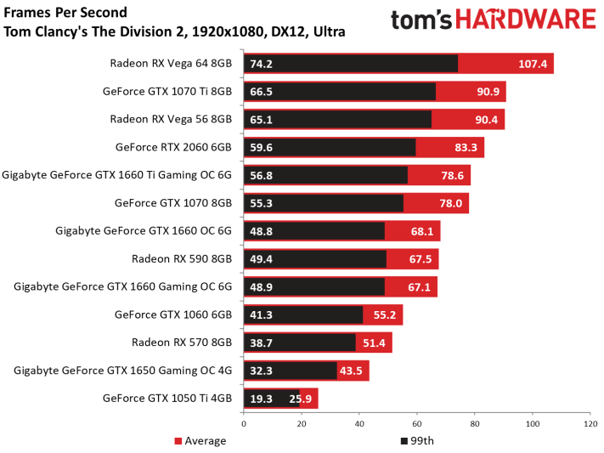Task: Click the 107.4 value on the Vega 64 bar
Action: click(x=533, y=64)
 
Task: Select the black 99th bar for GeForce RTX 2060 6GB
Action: click(x=330, y=147)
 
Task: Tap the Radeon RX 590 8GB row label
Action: click(x=182, y=258)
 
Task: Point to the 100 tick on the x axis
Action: click(x=533, y=424)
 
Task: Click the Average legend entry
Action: click(x=200, y=440)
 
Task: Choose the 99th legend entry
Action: click(x=418, y=440)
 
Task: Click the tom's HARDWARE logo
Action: click(x=494, y=20)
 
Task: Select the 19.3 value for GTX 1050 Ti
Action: click(x=261, y=399)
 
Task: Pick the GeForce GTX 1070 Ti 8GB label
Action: click(x=167, y=92)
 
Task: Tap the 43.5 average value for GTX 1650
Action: click(x=351, y=371)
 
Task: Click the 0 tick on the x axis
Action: click(x=244, y=424)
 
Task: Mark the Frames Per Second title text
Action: click(x=65, y=13)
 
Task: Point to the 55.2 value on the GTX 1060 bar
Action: click(x=385, y=315)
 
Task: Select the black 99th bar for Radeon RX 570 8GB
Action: click(x=300, y=343)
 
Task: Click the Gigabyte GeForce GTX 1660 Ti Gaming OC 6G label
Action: click(x=116, y=175)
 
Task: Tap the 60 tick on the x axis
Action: click(x=417, y=424)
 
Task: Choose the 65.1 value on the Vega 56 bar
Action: click(x=261, y=120)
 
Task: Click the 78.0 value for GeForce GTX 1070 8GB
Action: click(x=451, y=203)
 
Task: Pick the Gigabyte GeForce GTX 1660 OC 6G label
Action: click(x=144, y=231)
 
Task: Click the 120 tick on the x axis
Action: click(x=590, y=424)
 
